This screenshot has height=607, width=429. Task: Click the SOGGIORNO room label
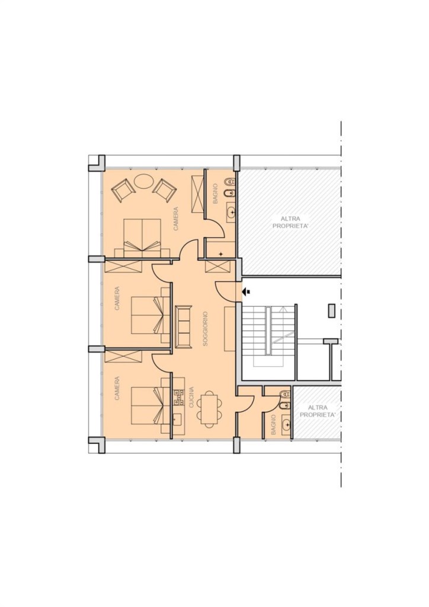coord(206,328)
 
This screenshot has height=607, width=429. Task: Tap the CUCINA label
coord(191,397)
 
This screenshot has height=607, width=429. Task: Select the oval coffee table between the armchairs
coord(143,181)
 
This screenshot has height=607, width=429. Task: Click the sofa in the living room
coord(183,327)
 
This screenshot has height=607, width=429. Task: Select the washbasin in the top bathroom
coord(231,212)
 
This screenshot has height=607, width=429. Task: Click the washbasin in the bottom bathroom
coord(287,425)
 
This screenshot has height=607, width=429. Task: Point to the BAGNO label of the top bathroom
coord(216,194)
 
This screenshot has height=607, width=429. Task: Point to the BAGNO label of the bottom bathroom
coord(273,424)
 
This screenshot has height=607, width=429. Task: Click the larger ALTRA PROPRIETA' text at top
coord(290,223)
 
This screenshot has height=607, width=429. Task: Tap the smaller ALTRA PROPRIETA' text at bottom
coord(318,411)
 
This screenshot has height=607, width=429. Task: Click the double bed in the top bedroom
coord(142,238)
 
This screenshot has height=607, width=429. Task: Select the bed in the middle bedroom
coord(151,315)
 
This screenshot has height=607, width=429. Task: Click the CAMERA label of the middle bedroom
coord(117,299)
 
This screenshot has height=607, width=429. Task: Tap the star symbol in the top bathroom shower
coord(221,254)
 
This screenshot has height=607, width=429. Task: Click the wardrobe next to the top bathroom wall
coord(197,193)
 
